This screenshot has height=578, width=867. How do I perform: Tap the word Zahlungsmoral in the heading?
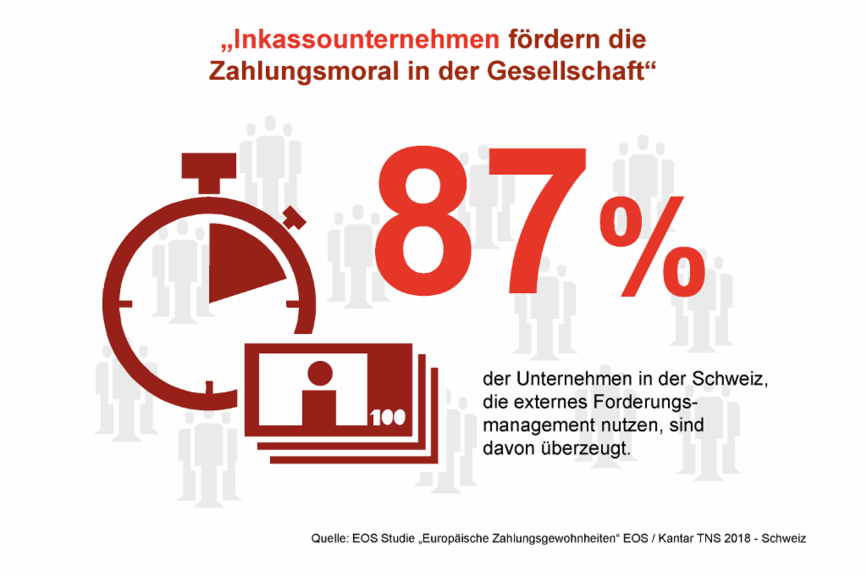304,71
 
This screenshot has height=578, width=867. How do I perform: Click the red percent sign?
653,246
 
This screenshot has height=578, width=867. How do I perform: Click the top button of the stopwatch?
209,172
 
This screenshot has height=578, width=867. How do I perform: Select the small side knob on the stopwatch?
294,218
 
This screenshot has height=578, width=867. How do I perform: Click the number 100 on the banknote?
388,417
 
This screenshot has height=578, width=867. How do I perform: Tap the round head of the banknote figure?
319,373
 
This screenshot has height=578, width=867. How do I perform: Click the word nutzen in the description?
627,425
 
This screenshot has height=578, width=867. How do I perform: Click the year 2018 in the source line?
737,538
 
